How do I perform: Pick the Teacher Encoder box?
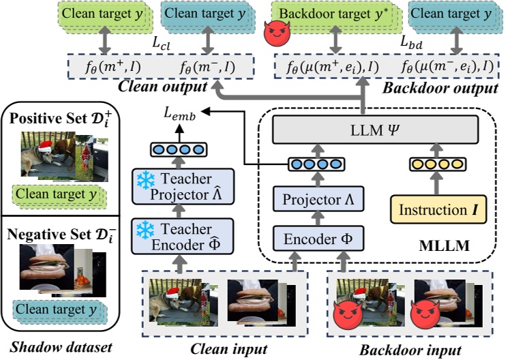[x=183, y=236]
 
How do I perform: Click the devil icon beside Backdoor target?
[x=276, y=32]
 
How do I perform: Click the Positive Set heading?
[x=57, y=117]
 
